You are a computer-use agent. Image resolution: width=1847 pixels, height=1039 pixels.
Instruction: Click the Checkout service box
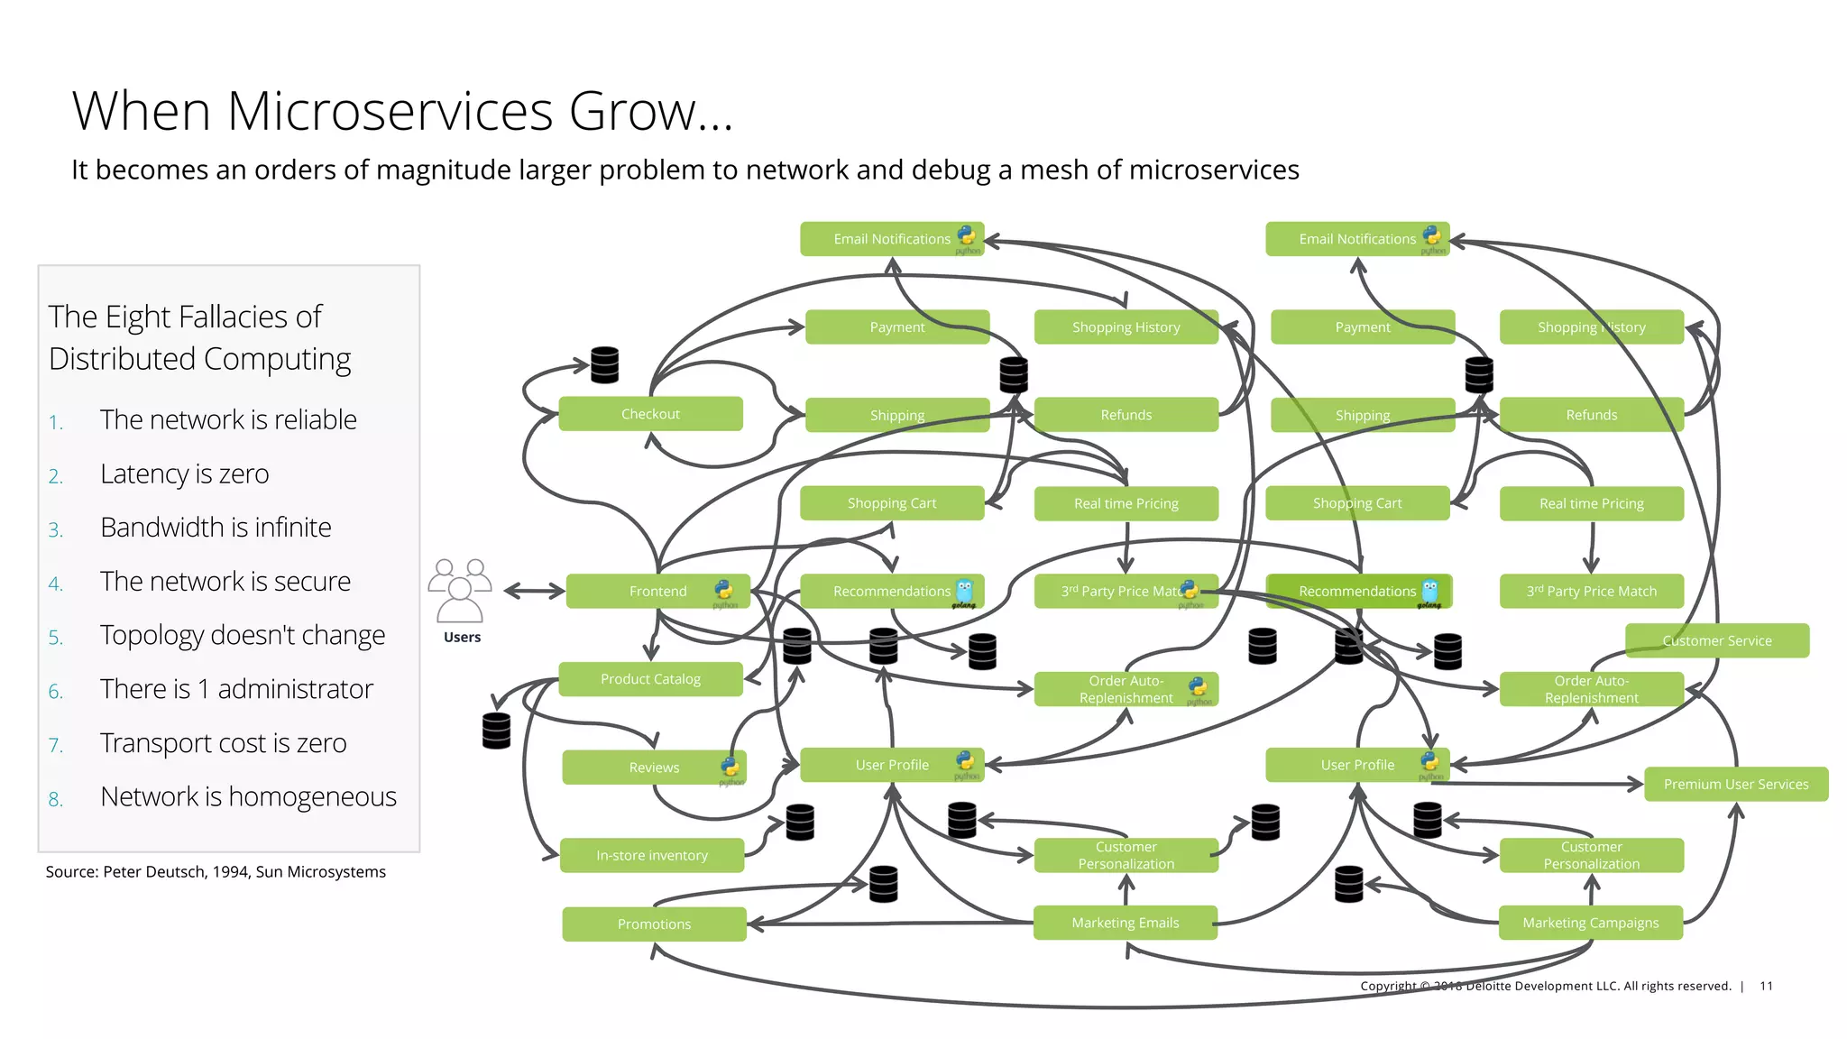tap(650, 414)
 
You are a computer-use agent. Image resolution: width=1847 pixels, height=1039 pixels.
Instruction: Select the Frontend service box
tap(657, 592)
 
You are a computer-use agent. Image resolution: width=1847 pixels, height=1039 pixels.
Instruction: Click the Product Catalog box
tap(650, 679)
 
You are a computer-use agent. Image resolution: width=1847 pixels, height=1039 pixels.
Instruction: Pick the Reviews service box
tap(653, 768)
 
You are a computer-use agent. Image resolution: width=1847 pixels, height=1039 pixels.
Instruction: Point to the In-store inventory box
tap(651, 855)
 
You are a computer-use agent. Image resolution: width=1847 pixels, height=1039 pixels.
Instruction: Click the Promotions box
tap(654, 924)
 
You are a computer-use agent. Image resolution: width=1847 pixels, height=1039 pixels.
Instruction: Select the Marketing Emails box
tap(1125, 923)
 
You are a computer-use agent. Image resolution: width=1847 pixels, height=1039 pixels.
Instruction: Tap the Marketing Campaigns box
tap(1590, 923)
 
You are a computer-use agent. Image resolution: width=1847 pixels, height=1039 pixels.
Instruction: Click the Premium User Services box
tap(1735, 784)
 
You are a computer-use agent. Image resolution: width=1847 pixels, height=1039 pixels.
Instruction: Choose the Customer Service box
tap(1716, 640)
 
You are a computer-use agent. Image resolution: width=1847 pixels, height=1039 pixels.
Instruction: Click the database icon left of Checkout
tap(604, 365)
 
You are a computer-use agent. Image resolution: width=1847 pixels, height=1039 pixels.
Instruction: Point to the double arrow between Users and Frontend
tap(534, 592)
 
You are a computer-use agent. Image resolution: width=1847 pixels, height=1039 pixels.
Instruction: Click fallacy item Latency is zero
tap(184, 474)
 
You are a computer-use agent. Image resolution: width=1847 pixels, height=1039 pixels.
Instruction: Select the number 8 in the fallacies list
tap(55, 799)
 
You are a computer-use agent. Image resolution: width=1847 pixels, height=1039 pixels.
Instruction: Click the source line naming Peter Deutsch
tap(216, 871)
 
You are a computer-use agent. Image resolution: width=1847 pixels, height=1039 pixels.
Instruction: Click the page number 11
tap(1766, 986)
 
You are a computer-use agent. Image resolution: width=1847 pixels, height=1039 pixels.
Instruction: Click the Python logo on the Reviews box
tap(730, 767)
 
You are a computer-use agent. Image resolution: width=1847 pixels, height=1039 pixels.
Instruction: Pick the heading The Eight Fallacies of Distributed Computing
tap(199, 337)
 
